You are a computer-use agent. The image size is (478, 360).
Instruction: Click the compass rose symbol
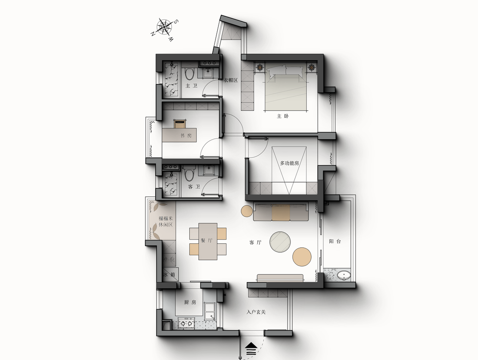pos(164,27)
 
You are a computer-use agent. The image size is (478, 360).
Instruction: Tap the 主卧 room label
pos(282,116)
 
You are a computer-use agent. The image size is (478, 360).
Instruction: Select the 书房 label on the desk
pos(186,136)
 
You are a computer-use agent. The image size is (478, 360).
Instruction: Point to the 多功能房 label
pos(289,163)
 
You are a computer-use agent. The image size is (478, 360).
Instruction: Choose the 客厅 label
pos(255,243)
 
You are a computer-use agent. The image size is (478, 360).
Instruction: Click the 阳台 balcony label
pos(335,241)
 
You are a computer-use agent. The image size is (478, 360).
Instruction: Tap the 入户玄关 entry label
pos(256,312)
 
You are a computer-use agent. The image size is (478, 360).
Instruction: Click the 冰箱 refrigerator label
pos(169,275)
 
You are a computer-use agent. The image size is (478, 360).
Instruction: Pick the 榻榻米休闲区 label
pos(166,222)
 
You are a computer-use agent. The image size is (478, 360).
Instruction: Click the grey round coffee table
pos(280,242)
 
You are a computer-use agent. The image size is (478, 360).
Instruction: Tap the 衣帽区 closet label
pos(231,80)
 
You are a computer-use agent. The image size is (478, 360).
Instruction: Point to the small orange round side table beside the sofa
pos(247,211)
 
